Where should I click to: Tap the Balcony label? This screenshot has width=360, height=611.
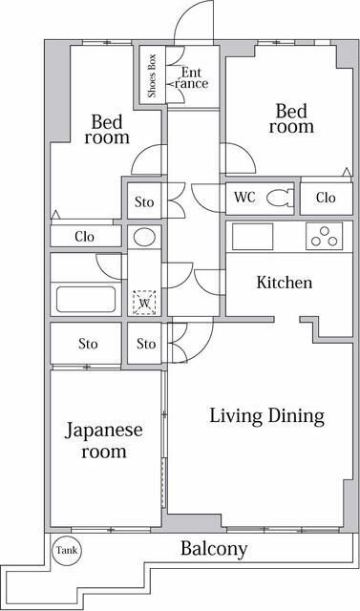(214, 549)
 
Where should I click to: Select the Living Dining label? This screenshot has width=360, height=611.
(267, 416)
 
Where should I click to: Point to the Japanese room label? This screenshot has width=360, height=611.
(104, 440)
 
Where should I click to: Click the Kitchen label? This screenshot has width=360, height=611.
(284, 283)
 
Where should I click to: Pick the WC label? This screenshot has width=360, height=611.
(244, 199)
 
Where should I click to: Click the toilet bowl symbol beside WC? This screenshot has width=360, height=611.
(279, 199)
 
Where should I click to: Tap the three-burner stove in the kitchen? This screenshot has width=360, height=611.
(324, 235)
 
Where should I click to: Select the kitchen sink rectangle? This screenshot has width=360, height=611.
(253, 236)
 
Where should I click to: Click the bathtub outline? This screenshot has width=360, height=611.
(85, 299)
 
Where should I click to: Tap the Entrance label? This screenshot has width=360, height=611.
(191, 77)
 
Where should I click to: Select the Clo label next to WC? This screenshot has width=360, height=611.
(326, 199)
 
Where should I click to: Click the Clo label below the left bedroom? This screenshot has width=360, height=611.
(85, 236)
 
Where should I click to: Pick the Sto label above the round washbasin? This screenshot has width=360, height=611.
(144, 202)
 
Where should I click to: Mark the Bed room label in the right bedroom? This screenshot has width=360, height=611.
(291, 116)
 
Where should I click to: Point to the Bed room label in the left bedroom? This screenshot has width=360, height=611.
(106, 129)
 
